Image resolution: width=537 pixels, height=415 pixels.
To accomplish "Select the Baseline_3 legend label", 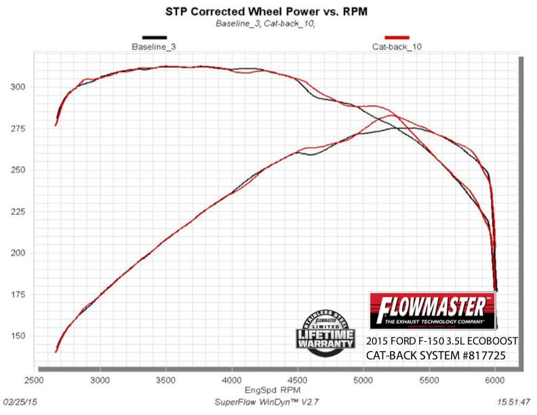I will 154,47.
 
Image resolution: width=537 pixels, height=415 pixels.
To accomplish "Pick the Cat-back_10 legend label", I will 396,47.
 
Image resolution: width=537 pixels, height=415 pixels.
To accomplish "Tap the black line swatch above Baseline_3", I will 154,37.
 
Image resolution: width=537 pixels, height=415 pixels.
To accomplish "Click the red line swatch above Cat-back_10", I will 396,37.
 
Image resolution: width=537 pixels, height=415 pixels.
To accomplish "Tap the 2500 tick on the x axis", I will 35,381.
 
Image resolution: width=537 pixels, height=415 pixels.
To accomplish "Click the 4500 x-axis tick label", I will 298,381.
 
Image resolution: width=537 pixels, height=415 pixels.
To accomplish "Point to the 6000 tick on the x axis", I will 496,381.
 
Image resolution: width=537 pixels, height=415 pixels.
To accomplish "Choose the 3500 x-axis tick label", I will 167,381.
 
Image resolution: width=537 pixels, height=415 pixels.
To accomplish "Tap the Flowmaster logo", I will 433,310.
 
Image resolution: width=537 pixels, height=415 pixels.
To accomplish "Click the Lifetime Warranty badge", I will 325,330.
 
